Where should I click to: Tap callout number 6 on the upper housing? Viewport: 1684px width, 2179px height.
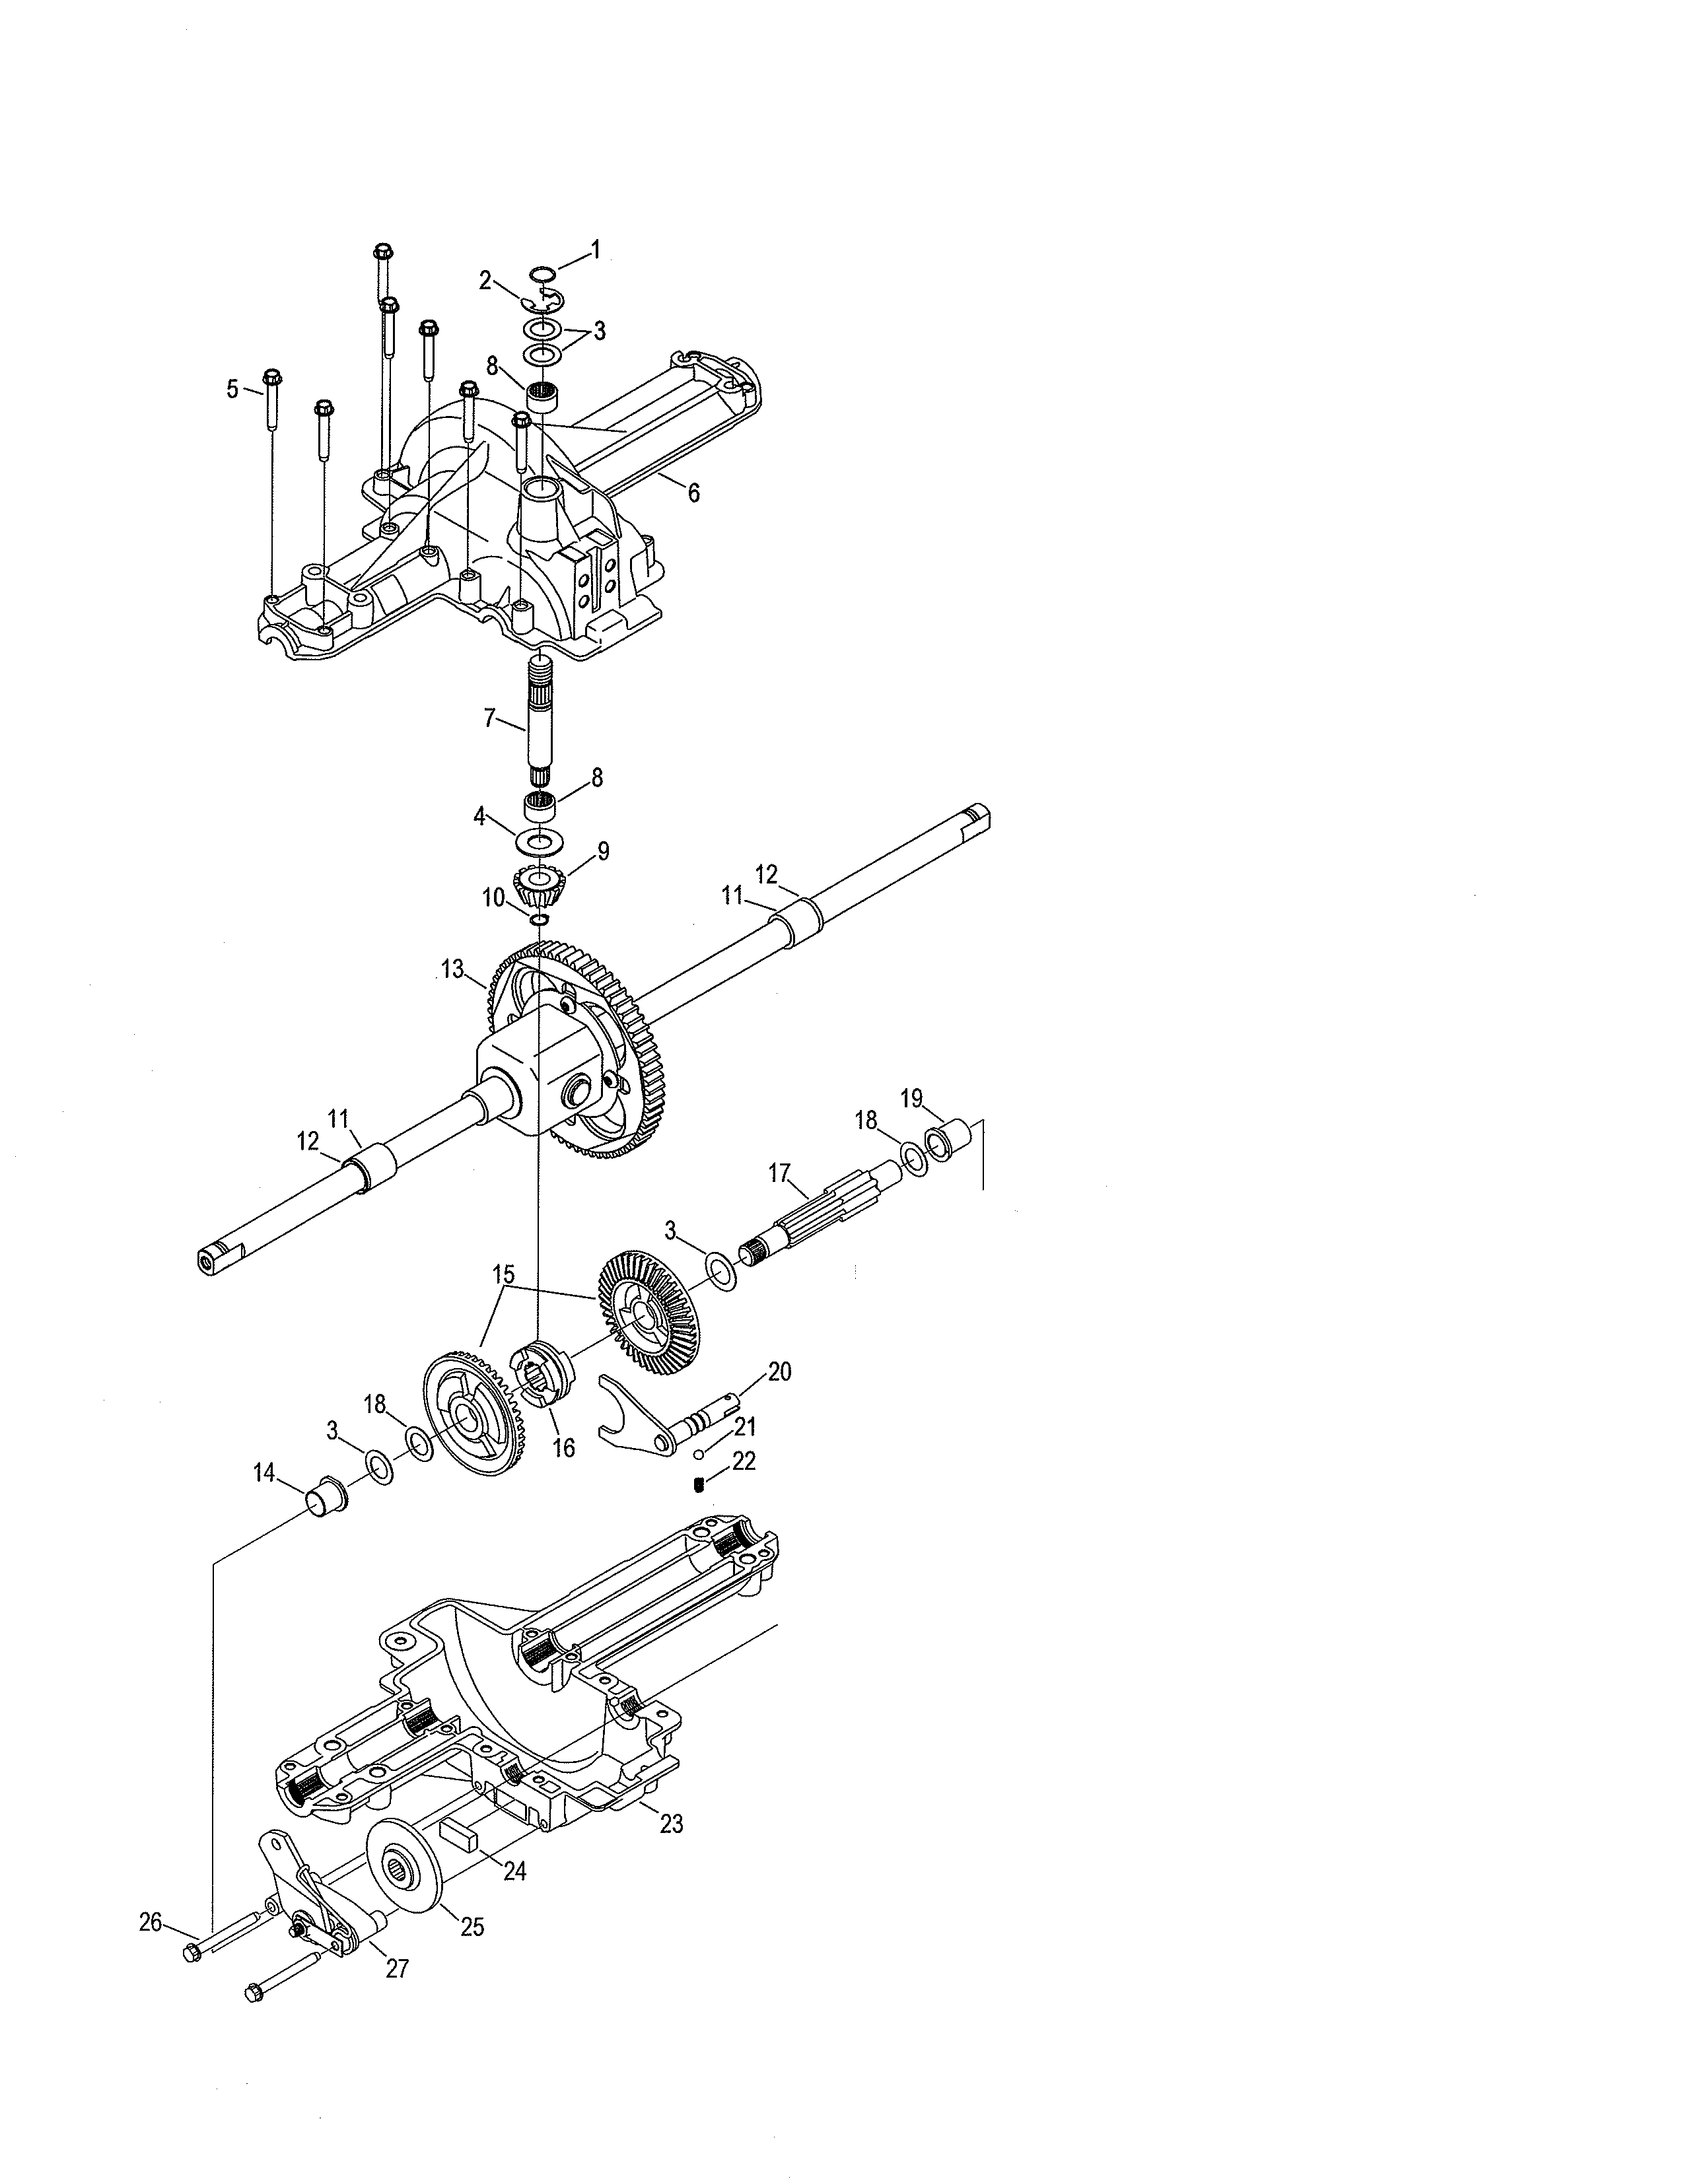(x=694, y=492)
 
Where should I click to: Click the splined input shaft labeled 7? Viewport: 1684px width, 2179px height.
(x=539, y=718)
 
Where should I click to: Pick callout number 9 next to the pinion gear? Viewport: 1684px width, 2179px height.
(x=602, y=851)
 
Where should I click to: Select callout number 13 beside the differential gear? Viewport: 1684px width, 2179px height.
(x=452, y=968)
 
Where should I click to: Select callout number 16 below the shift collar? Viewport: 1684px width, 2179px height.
(x=564, y=1447)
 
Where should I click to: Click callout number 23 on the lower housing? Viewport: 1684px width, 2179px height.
(x=672, y=1824)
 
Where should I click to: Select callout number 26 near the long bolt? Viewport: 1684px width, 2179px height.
(x=150, y=1921)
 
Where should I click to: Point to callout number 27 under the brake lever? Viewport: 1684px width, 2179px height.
(x=397, y=1968)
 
